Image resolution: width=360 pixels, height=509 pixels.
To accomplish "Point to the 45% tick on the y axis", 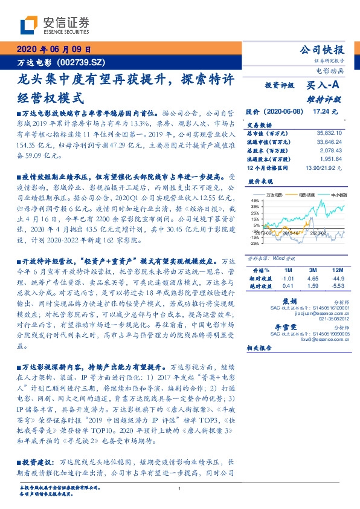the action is [x=254, y=201].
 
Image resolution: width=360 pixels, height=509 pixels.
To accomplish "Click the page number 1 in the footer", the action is [x=180, y=489].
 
